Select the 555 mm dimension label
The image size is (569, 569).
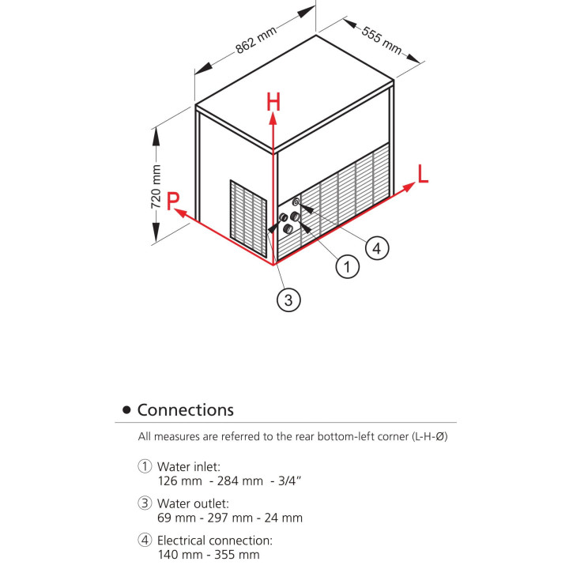pos(382,40)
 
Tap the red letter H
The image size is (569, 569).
pos(273,102)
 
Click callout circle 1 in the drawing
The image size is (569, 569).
pos(347,267)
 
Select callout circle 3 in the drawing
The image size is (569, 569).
pos(288,300)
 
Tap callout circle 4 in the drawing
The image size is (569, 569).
pos(377,248)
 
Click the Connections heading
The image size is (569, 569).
pos(185,410)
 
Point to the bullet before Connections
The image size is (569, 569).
pos(126,411)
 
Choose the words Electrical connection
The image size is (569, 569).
pos(214,541)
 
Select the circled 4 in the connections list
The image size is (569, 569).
pos(145,541)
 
